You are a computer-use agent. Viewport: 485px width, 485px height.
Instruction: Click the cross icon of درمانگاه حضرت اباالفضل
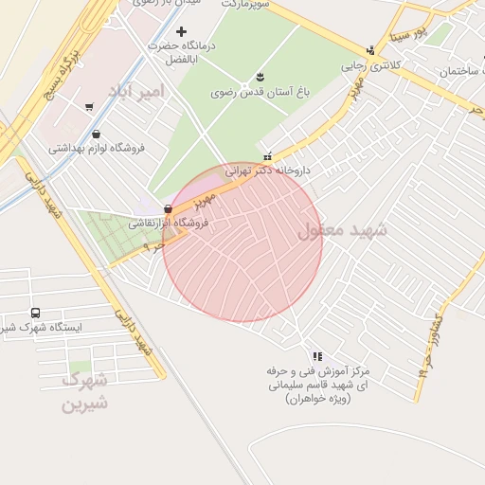click(x=182, y=32)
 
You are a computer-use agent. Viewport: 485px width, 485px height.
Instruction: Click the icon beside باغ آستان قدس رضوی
click(x=260, y=78)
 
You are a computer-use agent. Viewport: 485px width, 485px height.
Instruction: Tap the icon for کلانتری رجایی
click(x=370, y=51)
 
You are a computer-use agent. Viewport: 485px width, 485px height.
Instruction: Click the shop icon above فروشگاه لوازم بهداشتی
click(x=99, y=134)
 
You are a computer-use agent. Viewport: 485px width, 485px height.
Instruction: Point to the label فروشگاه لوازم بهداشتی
click(x=95, y=148)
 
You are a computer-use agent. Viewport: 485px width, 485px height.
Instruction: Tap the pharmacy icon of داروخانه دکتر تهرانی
click(x=269, y=156)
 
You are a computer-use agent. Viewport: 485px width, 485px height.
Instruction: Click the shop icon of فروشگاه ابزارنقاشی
click(x=168, y=209)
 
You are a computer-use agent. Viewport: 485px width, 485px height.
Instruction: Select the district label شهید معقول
click(x=343, y=230)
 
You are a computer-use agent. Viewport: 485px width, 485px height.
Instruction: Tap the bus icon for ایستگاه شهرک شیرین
click(x=35, y=313)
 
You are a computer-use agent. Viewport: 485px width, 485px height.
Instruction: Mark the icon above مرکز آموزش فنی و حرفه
click(x=316, y=356)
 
